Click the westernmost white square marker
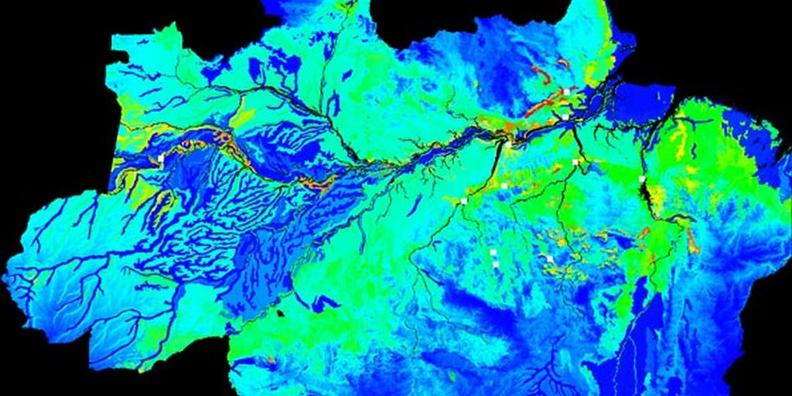tap(161, 158)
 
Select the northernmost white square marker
tap(566, 91)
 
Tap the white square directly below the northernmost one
tap(565, 117)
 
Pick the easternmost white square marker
tap(642, 179)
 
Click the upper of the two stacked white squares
tap(493, 252)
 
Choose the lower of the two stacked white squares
tap(495, 265)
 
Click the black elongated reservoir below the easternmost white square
tap(644, 203)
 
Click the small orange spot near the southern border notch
tap(270, 360)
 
